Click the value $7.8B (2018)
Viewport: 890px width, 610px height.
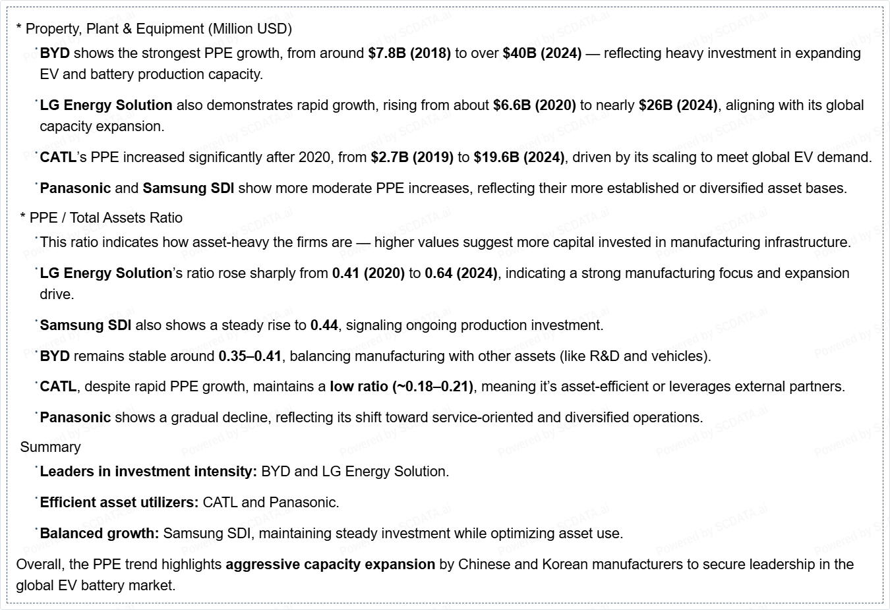pos(409,53)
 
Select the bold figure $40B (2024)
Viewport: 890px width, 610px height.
pos(542,53)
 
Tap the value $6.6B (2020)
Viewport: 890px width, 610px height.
pos(534,105)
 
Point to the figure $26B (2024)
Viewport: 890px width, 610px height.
pos(678,105)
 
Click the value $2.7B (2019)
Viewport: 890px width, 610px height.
pos(412,157)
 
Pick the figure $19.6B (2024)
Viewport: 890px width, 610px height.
pos(519,157)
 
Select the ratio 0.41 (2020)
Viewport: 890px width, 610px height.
pos(368,273)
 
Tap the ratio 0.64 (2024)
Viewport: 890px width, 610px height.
pos(461,273)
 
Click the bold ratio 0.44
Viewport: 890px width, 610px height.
pos(324,325)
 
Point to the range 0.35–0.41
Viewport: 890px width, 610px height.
pos(250,356)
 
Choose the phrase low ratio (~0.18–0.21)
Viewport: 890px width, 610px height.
pos(401,387)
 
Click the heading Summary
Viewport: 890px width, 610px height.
pos(50,447)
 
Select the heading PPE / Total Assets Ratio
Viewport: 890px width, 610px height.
pos(105,218)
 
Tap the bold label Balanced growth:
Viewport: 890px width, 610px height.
pos(100,534)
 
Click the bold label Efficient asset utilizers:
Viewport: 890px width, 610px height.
pos(119,503)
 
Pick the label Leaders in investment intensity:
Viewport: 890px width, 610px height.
pos(148,472)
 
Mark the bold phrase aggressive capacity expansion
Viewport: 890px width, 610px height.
pos(330,565)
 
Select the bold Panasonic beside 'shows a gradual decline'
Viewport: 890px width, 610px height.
pos(75,418)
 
